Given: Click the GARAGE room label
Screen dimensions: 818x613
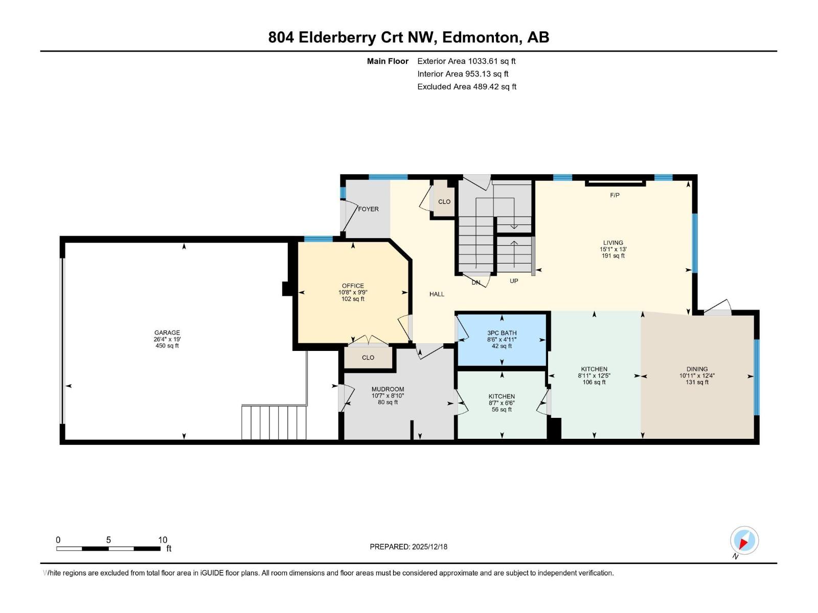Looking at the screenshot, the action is (167, 333).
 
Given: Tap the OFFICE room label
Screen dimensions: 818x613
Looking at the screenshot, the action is (353, 286).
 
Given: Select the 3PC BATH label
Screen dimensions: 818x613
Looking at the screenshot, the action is (502, 333).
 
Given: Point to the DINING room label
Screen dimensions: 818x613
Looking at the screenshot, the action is (697, 369).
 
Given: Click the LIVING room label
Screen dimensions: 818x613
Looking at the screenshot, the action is (613, 243).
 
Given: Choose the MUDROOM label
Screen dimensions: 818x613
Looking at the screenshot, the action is (388, 389).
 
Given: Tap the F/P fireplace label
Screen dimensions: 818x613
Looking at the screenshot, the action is (615, 195).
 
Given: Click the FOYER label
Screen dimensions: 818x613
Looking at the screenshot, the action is (368, 209).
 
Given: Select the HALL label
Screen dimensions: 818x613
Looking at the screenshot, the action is (437, 294).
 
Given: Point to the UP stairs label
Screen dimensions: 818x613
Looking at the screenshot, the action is (514, 281).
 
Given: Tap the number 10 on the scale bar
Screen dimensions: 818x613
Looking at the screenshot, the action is (163, 540).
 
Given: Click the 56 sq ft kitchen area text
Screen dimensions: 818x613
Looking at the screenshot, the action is (502, 409).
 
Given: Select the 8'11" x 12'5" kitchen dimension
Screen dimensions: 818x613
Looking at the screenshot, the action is (594, 376).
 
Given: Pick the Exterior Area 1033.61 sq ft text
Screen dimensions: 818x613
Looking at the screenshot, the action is (466, 61).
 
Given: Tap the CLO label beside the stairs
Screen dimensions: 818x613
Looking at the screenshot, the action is (444, 202).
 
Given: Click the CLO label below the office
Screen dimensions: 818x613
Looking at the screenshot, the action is (368, 358).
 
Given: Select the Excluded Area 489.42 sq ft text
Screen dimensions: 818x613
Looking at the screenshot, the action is (467, 87).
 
